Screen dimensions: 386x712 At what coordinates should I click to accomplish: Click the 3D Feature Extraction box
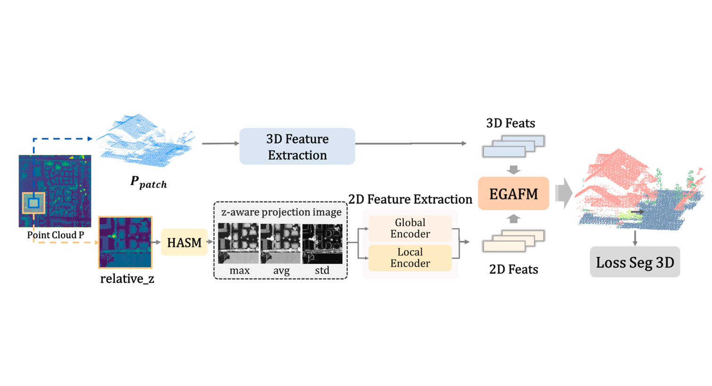[x=297, y=147]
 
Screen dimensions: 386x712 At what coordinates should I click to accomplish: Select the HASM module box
[x=184, y=242]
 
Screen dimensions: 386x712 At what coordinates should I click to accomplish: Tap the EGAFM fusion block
[x=513, y=194]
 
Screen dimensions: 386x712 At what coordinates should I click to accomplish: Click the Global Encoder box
[x=410, y=228]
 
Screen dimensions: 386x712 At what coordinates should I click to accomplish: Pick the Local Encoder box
[x=410, y=258]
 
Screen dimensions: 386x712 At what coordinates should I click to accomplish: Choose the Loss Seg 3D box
[x=635, y=262]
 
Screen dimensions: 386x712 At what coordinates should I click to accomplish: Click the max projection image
[x=238, y=243]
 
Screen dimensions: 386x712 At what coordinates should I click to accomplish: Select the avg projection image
[x=280, y=243]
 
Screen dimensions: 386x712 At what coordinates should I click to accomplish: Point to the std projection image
[x=322, y=243]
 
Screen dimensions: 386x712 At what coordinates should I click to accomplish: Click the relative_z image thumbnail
[x=125, y=242]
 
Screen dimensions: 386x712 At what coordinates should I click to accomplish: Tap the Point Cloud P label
[x=55, y=235]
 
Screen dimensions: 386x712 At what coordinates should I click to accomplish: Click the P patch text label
[x=148, y=182]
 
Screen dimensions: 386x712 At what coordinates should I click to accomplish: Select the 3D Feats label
[x=510, y=123]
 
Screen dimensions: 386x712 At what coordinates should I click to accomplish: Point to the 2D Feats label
[x=513, y=269]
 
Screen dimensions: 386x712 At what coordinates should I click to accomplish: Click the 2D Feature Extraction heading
[x=410, y=199]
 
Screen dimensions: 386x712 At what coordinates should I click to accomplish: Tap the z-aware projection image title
[x=281, y=212]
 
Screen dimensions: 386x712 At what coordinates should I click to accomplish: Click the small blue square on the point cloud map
[x=33, y=203]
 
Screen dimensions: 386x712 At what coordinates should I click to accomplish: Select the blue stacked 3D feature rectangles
[x=513, y=146]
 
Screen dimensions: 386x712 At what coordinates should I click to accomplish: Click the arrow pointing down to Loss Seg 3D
[x=635, y=238]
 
